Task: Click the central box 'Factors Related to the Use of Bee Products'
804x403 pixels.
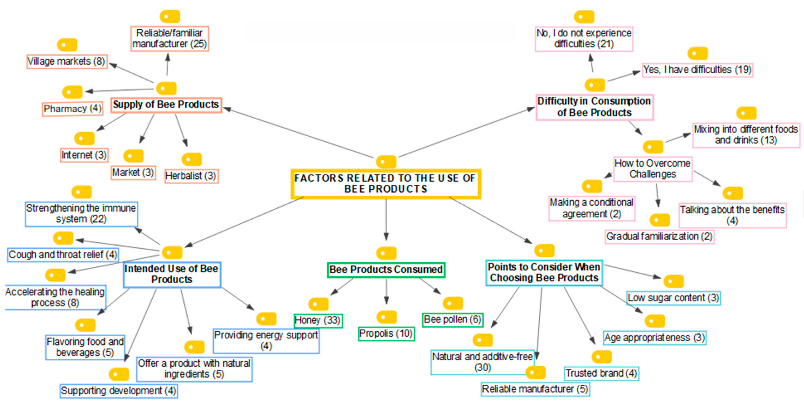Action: [386, 184]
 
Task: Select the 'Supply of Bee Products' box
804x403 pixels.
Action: [166, 105]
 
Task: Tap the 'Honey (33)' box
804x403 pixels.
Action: [318, 320]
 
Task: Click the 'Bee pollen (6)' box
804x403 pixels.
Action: [453, 320]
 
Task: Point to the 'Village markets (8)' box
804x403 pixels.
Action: [67, 61]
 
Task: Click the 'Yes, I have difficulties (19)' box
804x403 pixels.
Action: [697, 70]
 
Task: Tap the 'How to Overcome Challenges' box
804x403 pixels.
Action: [653, 169]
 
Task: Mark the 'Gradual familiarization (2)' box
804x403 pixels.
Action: [659, 236]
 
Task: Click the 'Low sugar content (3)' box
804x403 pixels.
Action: [673, 298]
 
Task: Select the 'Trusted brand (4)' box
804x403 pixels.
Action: [601, 373]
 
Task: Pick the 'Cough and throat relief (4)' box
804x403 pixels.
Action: [63, 255]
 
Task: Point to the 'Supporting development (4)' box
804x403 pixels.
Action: [119, 391]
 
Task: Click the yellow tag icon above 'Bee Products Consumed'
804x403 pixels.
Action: [386, 253]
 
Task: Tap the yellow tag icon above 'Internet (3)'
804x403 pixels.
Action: [84, 138]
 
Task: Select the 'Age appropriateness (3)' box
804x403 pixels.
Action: [655, 338]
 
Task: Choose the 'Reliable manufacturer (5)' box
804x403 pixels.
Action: [535, 389]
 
